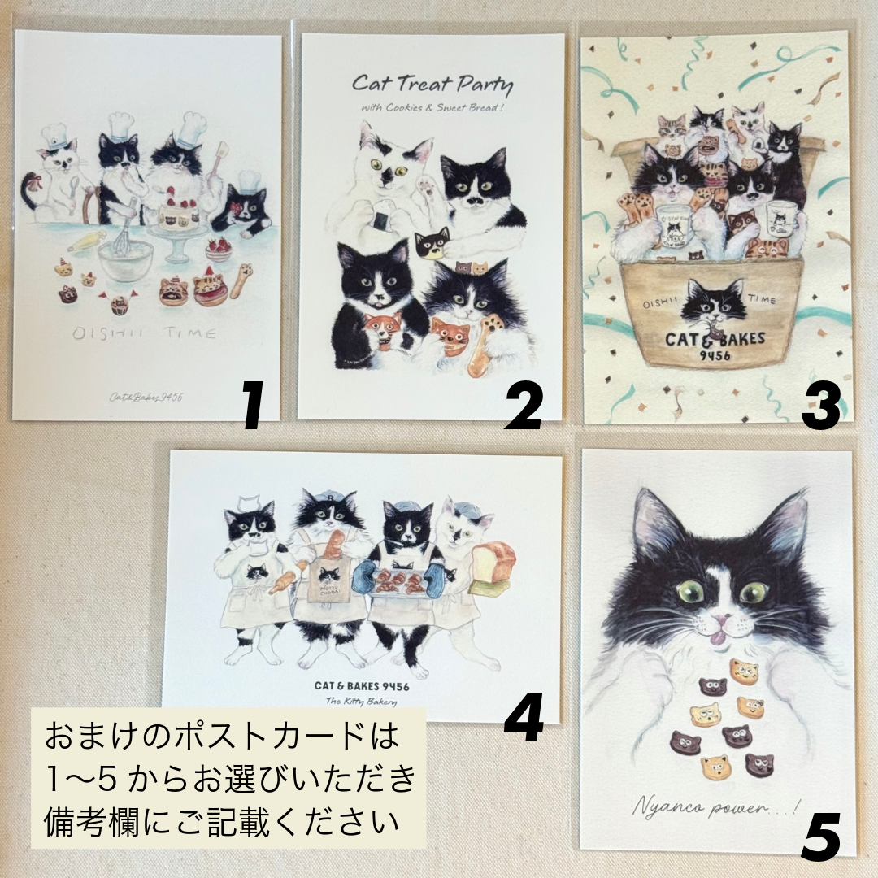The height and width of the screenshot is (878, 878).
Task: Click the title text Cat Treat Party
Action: tap(432, 84)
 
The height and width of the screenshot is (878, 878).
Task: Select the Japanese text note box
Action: tap(228, 778)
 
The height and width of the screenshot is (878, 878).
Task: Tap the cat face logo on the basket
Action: tap(713, 305)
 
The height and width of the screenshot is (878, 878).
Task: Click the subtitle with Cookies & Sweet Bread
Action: tap(432, 109)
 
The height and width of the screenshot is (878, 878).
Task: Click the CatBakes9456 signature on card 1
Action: tap(146, 397)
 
